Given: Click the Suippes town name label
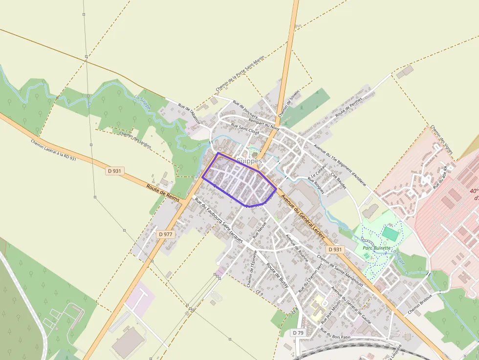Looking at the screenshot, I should pyautogui.click(x=250, y=161).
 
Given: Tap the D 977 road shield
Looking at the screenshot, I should pyautogui.click(x=166, y=234).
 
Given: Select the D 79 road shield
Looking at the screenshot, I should pyautogui.click(x=299, y=333).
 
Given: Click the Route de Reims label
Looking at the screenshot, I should pyautogui.click(x=162, y=192).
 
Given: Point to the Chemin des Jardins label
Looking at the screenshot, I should pyautogui.click(x=135, y=140).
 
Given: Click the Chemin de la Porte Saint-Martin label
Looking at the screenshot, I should pyautogui.click(x=240, y=74).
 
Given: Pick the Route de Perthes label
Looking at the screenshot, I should pyautogui.click(x=349, y=107).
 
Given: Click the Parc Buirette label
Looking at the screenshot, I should pyautogui.click(x=377, y=248).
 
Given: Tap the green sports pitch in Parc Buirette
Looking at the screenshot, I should pyautogui.click(x=390, y=233).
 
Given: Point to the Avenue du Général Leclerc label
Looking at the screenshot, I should pyautogui.click(x=304, y=214).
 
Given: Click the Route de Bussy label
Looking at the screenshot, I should pyautogui.click(x=277, y=275).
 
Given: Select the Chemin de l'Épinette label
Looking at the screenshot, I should pyautogui.click(x=252, y=268).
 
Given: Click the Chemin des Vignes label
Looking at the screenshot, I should pyautogui.click(x=442, y=139).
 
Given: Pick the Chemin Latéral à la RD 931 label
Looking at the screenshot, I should pyautogui.click(x=54, y=150).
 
